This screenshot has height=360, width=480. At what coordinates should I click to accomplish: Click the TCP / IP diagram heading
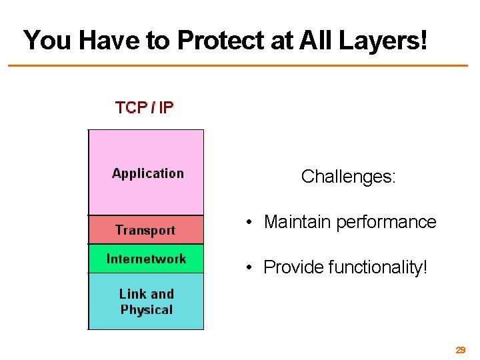point(145,108)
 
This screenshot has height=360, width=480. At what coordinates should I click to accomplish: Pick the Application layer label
point(147,173)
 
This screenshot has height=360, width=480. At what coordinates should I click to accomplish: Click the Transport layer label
point(145,231)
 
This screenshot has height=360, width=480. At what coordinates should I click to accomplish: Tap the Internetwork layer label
point(146,259)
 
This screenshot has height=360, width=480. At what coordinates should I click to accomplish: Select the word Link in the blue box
point(132,294)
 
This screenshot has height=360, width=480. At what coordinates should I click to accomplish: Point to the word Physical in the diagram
point(147,310)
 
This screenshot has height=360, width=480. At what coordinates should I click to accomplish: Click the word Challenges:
point(349,177)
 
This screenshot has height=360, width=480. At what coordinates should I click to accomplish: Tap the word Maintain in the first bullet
point(297,222)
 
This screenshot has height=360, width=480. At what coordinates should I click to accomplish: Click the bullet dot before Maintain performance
point(247,223)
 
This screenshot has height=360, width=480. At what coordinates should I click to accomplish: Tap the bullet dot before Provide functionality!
point(247,268)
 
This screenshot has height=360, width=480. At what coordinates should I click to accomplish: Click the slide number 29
point(460,350)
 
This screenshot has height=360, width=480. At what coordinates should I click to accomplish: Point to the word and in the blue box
point(161,294)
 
